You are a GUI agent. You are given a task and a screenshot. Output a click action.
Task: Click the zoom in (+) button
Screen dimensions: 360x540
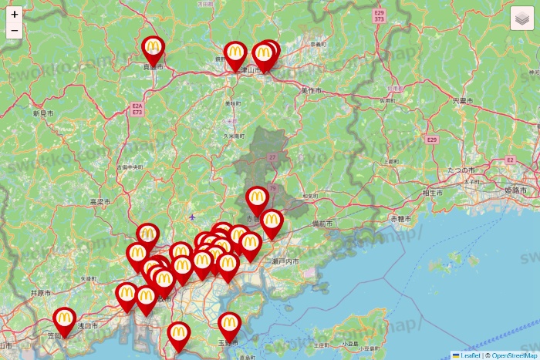[x=15, y=14]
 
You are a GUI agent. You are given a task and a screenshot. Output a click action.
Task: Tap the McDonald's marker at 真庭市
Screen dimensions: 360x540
[x=153, y=49]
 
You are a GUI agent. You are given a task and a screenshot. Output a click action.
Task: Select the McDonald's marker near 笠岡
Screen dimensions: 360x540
[x=65, y=320]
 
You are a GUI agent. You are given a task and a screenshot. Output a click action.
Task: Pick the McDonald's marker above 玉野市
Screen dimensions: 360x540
[x=229, y=325]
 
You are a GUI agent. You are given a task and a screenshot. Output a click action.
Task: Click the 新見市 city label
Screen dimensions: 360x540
[x=43, y=113]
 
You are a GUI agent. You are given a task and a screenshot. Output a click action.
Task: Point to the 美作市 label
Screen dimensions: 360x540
[x=311, y=90]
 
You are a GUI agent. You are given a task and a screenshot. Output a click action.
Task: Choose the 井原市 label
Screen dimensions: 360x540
[x=40, y=294]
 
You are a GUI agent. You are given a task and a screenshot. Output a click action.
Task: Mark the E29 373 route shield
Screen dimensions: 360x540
[x=379, y=15]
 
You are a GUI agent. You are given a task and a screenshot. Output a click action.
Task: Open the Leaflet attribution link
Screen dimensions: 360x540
[x=470, y=355]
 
